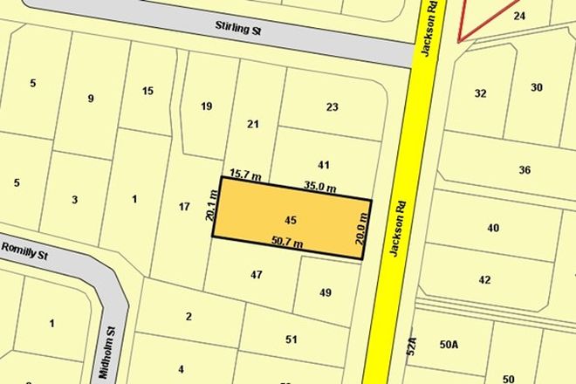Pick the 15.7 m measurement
tap(245, 175)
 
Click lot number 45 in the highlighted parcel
tap(291, 218)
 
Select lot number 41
tap(323, 164)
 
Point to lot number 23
tap(332, 107)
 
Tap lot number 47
tap(256, 274)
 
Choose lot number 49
tap(326, 292)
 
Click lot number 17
tap(183, 206)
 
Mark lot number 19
tap(206, 106)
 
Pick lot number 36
tap(524, 170)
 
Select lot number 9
tap(90, 98)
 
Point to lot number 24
tap(544, 16)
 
